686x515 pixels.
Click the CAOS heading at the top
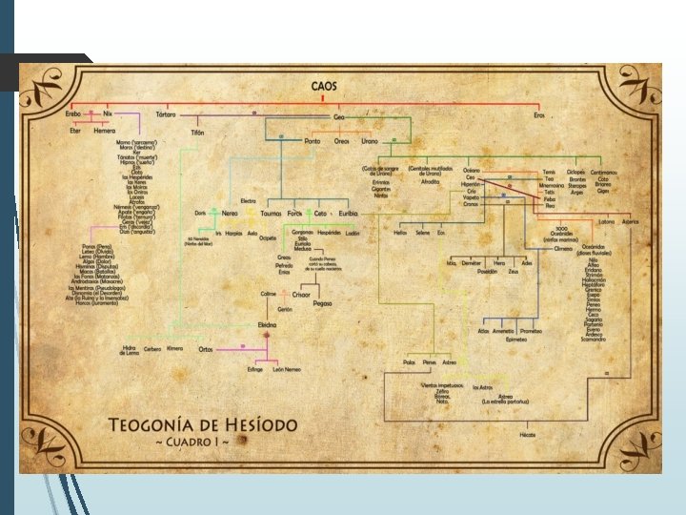(x=324, y=86)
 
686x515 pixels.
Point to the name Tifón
(x=197, y=133)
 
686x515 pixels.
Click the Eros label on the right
(x=539, y=115)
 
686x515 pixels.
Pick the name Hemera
(x=104, y=132)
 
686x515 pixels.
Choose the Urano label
(x=370, y=141)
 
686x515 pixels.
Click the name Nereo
(x=230, y=214)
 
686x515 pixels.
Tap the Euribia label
(x=348, y=214)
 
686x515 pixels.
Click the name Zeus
(x=514, y=272)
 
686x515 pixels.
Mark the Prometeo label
(x=532, y=331)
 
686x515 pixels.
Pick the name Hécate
(x=528, y=435)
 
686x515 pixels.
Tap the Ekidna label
(x=268, y=324)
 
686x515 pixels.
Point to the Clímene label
(x=563, y=248)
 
